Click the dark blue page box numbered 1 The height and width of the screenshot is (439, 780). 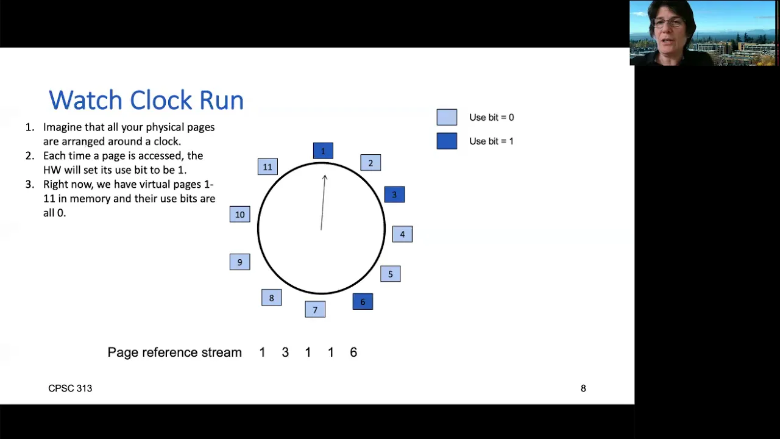pos(323,151)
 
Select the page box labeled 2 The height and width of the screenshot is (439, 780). pos(370,163)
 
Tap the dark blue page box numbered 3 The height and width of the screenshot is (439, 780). pos(394,195)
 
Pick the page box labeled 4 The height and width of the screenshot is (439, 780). pos(403,234)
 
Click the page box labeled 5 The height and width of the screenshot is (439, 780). pos(391,274)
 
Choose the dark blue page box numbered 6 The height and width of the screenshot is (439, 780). pos(363,302)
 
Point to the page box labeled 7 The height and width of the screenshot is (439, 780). pos(315,309)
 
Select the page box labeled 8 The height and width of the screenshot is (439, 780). pos(272,298)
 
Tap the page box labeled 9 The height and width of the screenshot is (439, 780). pos(240,262)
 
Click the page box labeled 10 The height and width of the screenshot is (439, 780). pos(240,214)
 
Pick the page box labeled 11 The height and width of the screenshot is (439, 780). pos(268,167)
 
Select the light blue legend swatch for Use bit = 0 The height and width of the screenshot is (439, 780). pos(447,118)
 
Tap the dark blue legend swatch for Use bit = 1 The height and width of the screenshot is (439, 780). pos(447,141)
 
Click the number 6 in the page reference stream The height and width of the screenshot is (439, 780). pos(353,352)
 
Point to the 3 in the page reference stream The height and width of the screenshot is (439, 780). pos(285,352)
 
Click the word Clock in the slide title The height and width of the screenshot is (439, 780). pos(161,100)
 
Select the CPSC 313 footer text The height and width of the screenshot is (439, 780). pos(70,388)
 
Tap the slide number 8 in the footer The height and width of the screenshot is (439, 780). pos(583,388)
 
